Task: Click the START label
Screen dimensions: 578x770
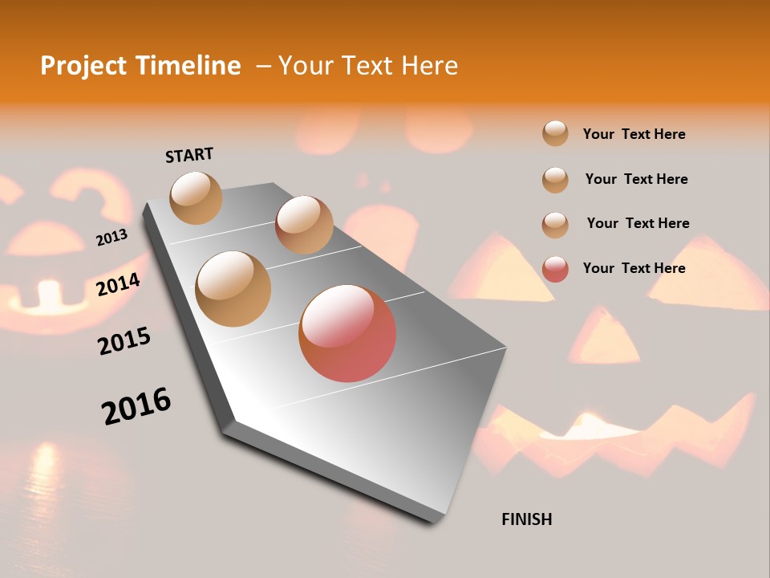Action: click(x=189, y=155)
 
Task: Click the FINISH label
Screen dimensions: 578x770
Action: click(x=526, y=519)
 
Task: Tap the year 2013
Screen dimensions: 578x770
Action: click(x=111, y=238)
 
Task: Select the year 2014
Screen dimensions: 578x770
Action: click(x=118, y=284)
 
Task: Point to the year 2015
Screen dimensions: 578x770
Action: click(x=124, y=341)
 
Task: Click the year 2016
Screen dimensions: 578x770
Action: click(x=136, y=406)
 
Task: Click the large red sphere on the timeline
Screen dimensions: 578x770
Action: click(x=347, y=333)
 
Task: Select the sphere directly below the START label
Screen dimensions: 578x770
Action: click(x=196, y=197)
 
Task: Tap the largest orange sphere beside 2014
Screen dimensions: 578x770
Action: click(x=233, y=289)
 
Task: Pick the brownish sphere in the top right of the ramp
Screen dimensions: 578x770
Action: click(x=304, y=225)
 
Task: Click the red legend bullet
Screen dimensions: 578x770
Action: click(x=555, y=269)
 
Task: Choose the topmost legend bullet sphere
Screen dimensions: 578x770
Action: click(x=555, y=133)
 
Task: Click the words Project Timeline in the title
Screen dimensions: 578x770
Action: click(x=140, y=66)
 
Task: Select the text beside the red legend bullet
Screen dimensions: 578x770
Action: click(x=634, y=268)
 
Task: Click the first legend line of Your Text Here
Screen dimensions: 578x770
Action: click(x=634, y=134)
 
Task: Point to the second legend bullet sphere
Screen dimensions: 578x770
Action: click(x=555, y=180)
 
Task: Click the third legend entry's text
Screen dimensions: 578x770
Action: click(x=638, y=223)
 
